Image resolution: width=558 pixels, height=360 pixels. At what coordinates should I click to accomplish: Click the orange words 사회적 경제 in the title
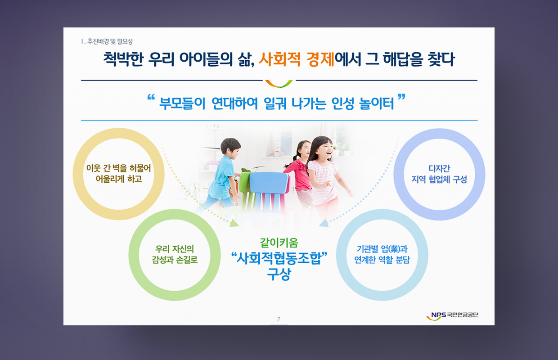pyautogui.click(x=296, y=59)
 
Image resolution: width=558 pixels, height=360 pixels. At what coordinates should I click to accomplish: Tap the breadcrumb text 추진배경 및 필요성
pyautogui.click(x=110, y=41)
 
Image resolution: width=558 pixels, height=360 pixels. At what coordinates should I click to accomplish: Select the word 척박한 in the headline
pyautogui.click(x=123, y=59)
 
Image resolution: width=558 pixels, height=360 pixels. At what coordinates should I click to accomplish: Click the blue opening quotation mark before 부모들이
pyautogui.click(x=151, y=97)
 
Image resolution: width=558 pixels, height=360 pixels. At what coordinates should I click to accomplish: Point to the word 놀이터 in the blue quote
pyautogui.click(x=377, y=103)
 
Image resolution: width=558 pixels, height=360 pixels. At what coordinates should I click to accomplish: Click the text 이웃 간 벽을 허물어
pyautogui.click(x=119, y=168)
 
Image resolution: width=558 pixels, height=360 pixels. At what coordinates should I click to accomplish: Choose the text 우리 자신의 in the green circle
pyautogui.click(x=175, y=249)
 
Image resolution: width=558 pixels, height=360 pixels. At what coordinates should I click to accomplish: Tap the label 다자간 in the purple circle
pyautogui.click(x=439, y=168)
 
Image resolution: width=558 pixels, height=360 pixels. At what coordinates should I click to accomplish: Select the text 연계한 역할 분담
pyautogui.click(x=382, y=260)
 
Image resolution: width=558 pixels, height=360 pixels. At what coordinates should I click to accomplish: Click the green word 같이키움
pyautogui.click(x=279, y=243)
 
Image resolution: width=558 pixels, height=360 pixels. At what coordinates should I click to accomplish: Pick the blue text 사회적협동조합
pyautogui.click(x=279, y=258)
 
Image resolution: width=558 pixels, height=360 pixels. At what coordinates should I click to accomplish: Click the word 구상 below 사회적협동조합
pyautogui.click(x=279, y=274)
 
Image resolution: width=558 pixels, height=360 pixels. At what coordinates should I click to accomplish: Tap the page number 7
pyautogui.click(x=279, y=319)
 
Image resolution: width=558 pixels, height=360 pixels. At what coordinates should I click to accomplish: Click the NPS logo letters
pyautogui.click(x=438, y=315)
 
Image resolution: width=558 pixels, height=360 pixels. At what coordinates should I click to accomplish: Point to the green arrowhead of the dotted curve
pyautogui.click(x=234, y=223)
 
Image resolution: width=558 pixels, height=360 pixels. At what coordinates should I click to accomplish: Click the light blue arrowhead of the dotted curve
pyautogui.click(x=324, y=223)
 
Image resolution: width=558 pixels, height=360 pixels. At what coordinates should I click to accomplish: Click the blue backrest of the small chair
pyautogui.click(x=269, y=183)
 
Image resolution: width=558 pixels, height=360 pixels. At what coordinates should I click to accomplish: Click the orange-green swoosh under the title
pyautogui.click(x=279, y=84)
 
